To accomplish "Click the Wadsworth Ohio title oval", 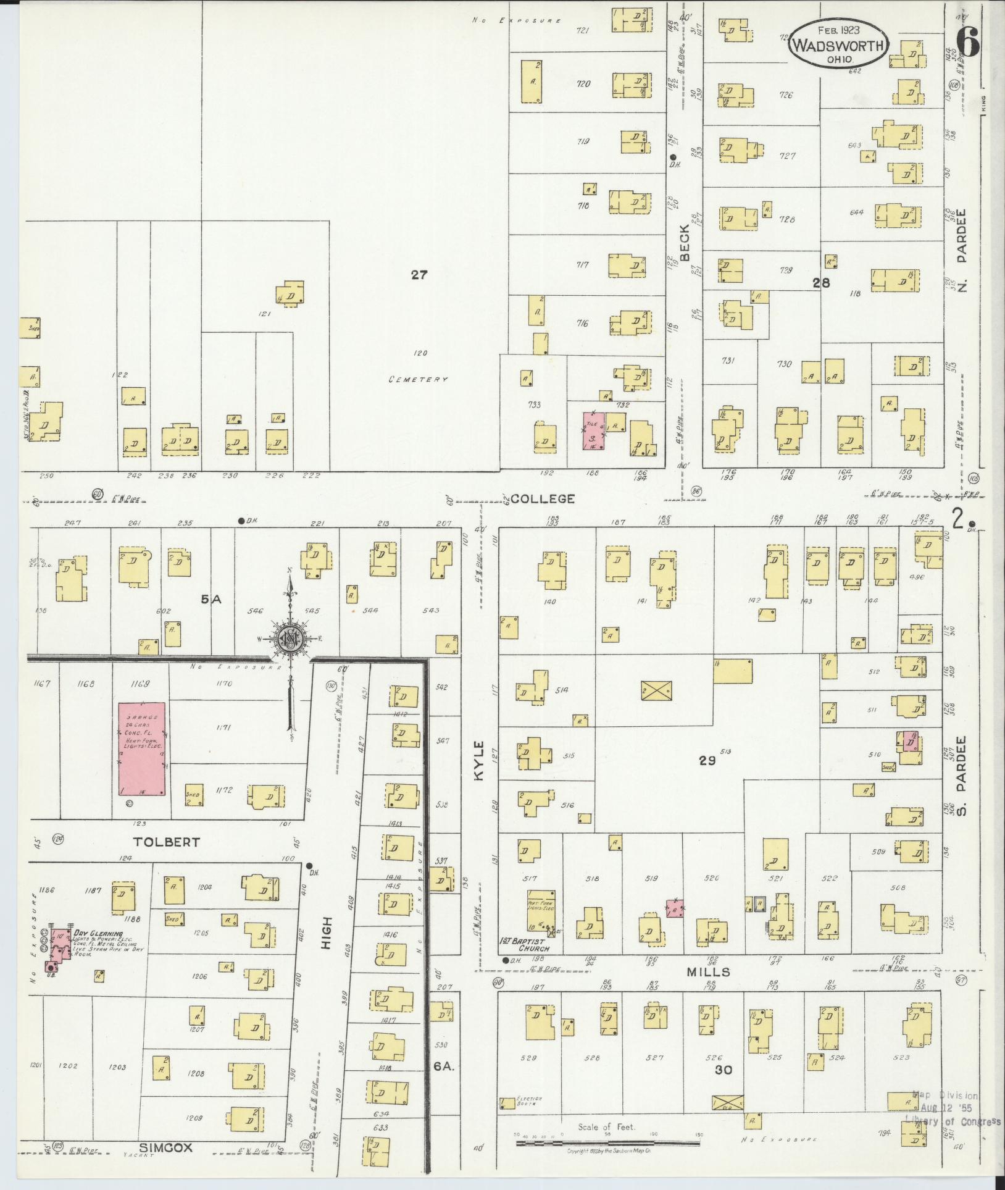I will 838,45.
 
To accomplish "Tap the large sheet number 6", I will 968,43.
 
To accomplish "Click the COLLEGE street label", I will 543,499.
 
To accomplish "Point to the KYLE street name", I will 480,761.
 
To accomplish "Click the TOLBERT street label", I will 167,842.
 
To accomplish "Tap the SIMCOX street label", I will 165,1147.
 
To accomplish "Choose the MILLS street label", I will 709,972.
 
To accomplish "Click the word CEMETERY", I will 418,379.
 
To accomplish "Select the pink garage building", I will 142,748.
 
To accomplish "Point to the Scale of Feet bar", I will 607,1142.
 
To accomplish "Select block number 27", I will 419,275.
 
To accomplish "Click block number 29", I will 707,761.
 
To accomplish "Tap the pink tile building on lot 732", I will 593,430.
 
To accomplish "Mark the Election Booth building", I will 507,1102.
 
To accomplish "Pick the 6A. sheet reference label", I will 444,1066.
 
